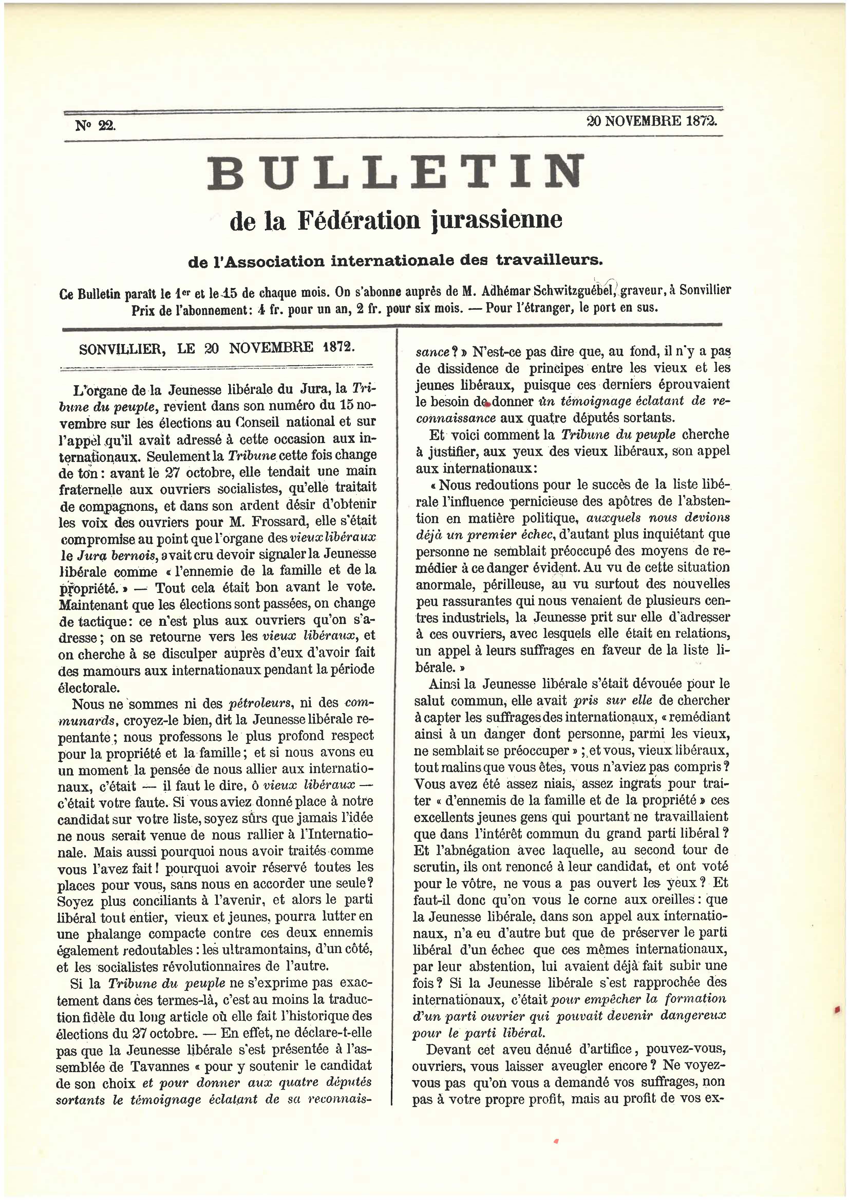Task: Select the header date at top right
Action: tap(652, 121)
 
